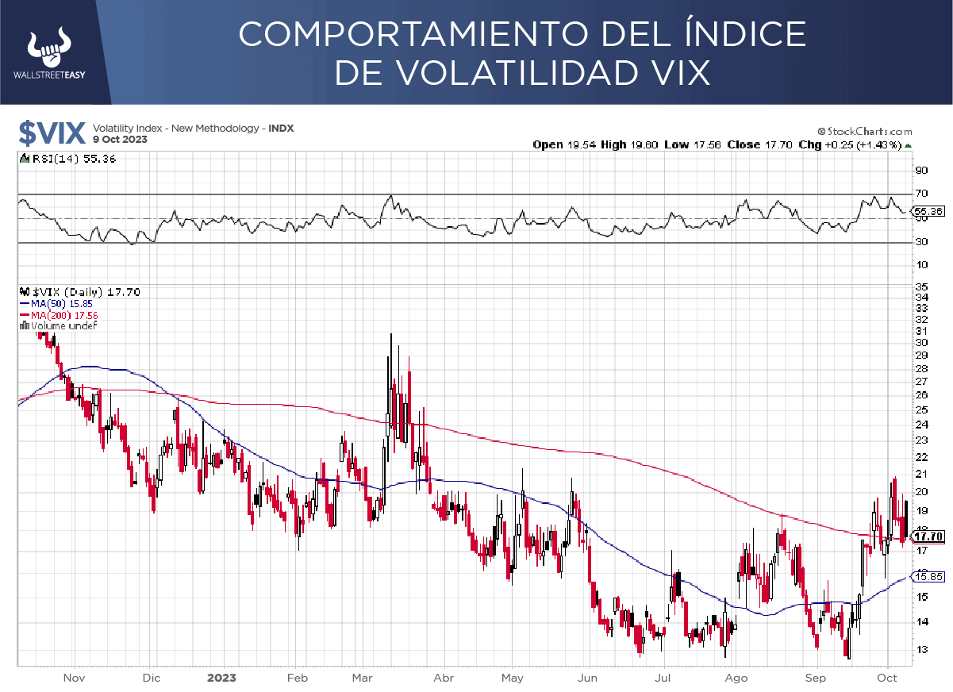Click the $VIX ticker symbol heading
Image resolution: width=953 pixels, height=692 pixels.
(x=50, y=133)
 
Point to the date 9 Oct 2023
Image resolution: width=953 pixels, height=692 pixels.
(x=120, y=139)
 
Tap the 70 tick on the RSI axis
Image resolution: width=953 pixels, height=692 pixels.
(x=920, y=194)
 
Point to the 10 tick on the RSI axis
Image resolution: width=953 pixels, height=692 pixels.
(x=920, y=264)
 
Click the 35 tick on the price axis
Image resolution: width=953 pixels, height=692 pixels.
(x=920, y=286)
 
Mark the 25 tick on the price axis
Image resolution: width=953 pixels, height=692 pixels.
(x=920, y=409)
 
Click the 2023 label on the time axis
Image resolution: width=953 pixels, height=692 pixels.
(x=221, y=678)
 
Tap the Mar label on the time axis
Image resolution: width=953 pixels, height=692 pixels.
(x=363, y=678)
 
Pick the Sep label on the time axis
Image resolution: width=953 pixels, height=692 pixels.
(x=815, y=678)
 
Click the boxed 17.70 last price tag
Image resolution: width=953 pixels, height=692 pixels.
(x=931, y=537)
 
